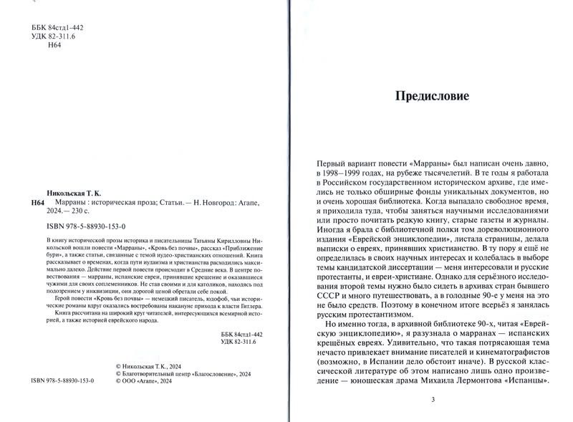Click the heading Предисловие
coord(433,97)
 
